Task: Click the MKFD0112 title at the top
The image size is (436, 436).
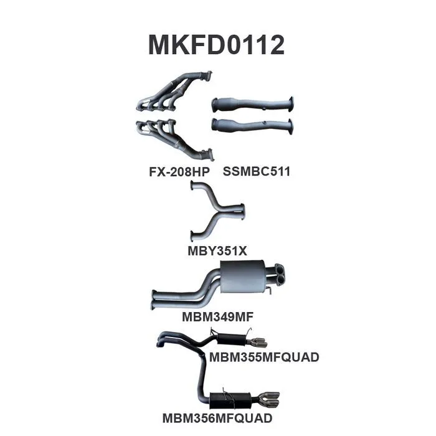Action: click(x=216, y=45)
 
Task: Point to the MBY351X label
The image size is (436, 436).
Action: click(x=217, y=252)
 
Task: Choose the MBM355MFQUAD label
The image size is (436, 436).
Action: click(x=264, y=357)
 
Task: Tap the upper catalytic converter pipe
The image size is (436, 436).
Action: click(x=252, y=104)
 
